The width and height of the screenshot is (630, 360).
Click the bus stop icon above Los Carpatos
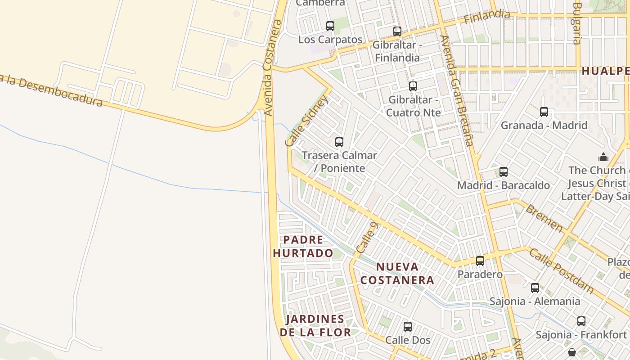pyautogui.click(x=330, y=26)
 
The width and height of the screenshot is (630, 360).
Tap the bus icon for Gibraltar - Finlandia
pyautogui.click(x=397, y=31)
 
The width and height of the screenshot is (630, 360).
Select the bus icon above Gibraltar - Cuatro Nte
pyautogui.click(x=413, y=86)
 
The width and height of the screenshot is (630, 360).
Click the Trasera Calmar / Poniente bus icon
pyautogui.click(x=339, y=142)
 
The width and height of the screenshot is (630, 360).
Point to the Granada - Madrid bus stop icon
pyautogui.click(x=544, y=112)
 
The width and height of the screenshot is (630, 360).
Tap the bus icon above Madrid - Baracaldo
pyautogui.click(x=504, y=172)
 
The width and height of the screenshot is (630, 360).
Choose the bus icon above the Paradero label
pyautogui.click(x=480, y=261)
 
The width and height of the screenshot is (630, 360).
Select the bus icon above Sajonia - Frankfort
pyautogui.click(x=581, y=321)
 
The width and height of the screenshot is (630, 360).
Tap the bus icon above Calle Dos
pyautogui.click(x=408, y=327)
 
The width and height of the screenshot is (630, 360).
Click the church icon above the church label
pyautogui.click(x=603, y=157)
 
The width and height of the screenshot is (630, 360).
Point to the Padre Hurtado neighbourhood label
pyautogui.click(x=303, y=246)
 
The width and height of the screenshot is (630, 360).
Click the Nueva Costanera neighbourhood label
pyautogui.click(x=397, y=274)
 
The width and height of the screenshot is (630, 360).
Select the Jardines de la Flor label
pyautogui.click(x=315, y=326)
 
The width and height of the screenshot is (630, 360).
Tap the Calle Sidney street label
pyautogui.click(x=307, y=121)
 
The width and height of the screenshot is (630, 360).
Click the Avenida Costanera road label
pyautogui.click(x=273, y=67)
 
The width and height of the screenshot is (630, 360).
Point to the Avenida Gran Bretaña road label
pyautogui.click(x=456, y=90)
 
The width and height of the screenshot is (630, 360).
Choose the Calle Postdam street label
pyautogui.click(x=561, y=270)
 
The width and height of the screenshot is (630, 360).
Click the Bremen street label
pyautogui.click(x=544, y=218)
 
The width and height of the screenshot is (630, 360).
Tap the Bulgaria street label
pyautogui.click(x=577, y=23)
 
